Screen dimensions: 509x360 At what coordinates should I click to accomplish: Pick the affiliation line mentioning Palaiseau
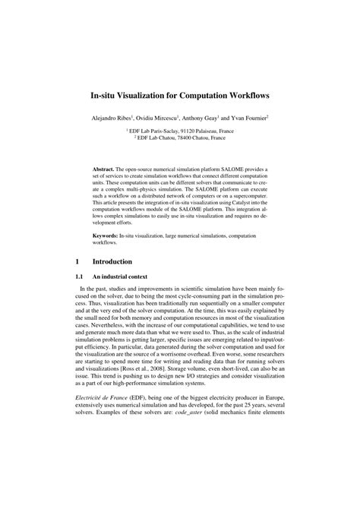coord(180,131)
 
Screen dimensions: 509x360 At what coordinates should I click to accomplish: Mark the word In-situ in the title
coord(106,98)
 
